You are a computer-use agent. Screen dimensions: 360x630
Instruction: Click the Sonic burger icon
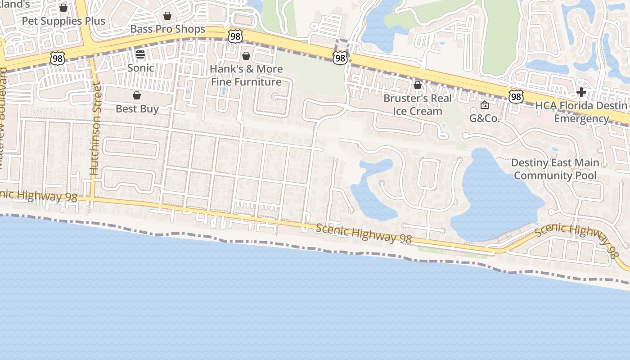pyautogui.click(x=140, y=55)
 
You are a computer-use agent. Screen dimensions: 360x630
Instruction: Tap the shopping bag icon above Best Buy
pyautogui.click(x=137, y=95)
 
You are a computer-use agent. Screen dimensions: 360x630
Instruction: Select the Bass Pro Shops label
pyautogui.click(x=167, y=29)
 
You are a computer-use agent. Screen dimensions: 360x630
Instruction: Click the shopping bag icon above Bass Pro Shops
pyautogui.click(x=167, y=16)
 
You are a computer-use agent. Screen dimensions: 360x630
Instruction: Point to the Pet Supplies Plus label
pyautogui.click(x=63, y=21)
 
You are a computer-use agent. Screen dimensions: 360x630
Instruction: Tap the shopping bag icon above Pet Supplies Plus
pyautogui.click(x=63, y=8)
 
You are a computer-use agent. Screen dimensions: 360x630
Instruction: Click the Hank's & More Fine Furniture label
pyautogui.click(x=247, y=75)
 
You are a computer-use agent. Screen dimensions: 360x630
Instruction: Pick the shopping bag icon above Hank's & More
pyautogui.click(x=246, y=56)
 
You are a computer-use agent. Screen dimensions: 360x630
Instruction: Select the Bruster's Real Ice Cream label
pyautogui.click(x=417, y=104)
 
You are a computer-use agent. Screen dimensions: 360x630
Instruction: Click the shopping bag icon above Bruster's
pyautogui.click(x=418, y=85)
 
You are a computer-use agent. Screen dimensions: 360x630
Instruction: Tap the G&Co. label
pyautogui.click(x=485, y=118)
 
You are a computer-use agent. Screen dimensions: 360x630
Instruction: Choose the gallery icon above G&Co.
pyautogui.click(x=485, y=105)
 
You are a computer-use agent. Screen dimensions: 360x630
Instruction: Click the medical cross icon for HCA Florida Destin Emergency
pyautogui.click(x=581, y=93)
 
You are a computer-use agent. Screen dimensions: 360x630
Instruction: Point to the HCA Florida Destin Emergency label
pyautogui.click(x=581, y=112)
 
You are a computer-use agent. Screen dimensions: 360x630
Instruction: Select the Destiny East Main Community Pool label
pyautogui.click(x=555, y=169)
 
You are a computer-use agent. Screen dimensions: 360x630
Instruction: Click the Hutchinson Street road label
pyautogui.click(x=94, y=128)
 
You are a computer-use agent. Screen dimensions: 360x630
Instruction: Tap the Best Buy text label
pyautogui.click(x=137, y=109)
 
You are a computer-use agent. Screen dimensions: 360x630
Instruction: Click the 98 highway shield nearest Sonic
pyautogui.click(x=58, y=58)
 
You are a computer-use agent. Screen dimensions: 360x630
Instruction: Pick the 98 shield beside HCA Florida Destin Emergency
pyautogui.click(x=516, y=96)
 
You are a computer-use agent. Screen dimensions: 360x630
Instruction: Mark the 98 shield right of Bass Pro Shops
pyautogui.click(x=235, y=36)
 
